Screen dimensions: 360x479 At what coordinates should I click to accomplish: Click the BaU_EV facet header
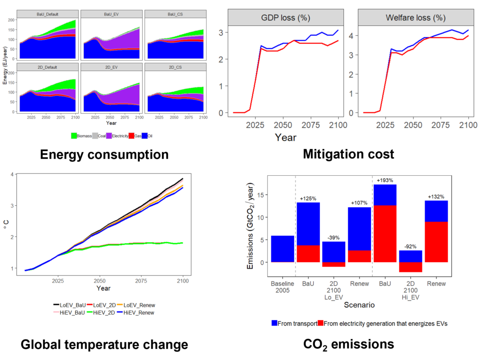pyautogui.click(x=111, y=14)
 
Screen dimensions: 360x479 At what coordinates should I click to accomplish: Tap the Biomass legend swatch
pyautogui.click(x=74, y=136)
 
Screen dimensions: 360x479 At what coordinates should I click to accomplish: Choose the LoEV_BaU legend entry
pyautogui.click(x=71, y=304)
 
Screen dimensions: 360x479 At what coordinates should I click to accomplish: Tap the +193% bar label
pyautogui.click(x=385, y=180)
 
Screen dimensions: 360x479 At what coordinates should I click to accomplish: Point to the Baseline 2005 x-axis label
pyautogui.click(x=283, y=287)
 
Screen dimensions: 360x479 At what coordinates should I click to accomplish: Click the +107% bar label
pyautogui.click(x=359, y=203)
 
